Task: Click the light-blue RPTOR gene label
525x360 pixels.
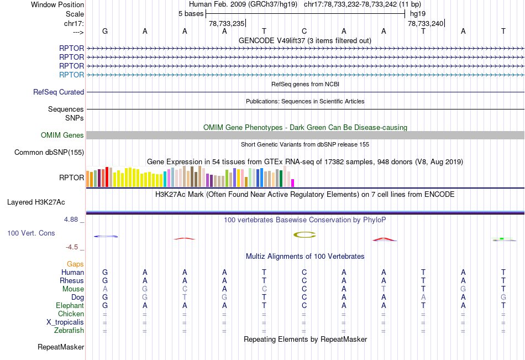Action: tap(71, 75)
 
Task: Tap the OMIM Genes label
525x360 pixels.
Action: tap(62, 135)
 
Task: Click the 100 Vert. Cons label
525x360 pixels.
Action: tap(31, 233)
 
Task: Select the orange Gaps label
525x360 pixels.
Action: tap(75, 264)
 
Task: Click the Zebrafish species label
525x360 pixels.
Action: tap(70, 331)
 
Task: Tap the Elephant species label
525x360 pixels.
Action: tap(70, 306)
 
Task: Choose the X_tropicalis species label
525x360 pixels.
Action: tap(65, 322)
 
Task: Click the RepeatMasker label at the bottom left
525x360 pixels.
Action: tap(61, 347)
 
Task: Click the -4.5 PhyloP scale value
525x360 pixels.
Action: tap(74, 247)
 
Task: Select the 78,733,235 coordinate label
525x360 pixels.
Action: tap(227, 24)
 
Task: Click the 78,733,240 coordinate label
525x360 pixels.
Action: tap(426, 24)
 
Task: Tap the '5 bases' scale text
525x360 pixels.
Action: tap(191, 13)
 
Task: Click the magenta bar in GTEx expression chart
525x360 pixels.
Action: tap(293, 182)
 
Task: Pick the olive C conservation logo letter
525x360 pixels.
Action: tap(304, 234)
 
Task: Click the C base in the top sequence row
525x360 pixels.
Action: tap(304, 31)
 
